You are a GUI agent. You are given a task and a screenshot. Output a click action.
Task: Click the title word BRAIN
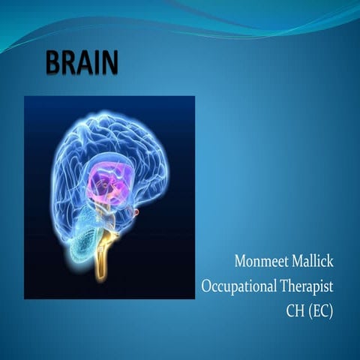coord(82,64)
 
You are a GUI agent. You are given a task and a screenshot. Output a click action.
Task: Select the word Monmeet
coord(259,262)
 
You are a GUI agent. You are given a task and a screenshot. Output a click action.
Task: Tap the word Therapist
coord(306,286)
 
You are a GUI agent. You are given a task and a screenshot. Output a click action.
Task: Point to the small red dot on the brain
coord(136,213)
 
